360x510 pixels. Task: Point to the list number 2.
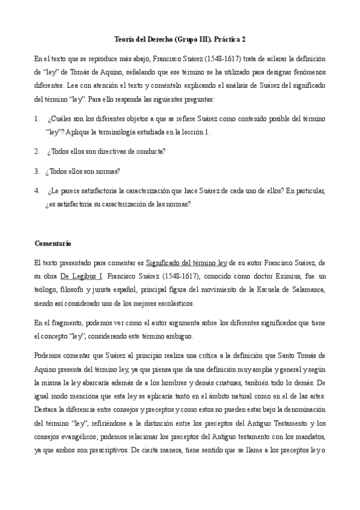coord(37,150)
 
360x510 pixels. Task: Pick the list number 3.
coord(37,171)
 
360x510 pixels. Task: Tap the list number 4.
coord(37,191)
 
